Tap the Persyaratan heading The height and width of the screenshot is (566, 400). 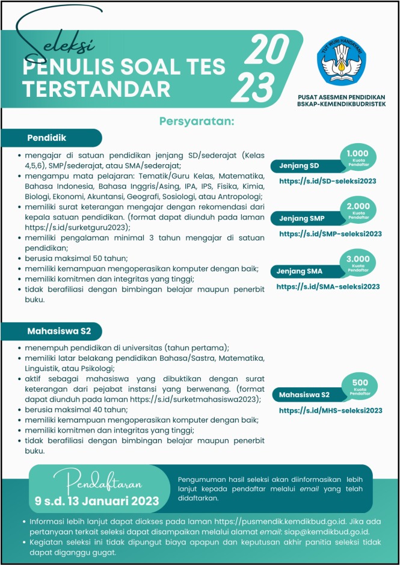coord(196,122)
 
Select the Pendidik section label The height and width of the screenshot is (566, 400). coord(47,138)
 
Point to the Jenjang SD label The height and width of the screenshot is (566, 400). coord(298,166)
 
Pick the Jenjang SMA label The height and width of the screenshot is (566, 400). coord(300,271)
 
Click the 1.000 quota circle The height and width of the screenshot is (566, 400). coord(357,156)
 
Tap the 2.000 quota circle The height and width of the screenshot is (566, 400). coord(357,209)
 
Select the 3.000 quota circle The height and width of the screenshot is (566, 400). coord(357,262)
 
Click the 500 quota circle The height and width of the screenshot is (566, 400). coord(359,386)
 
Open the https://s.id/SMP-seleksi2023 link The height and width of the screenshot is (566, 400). coord(330,234)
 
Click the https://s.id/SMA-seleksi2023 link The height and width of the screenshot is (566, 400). coord(328,287)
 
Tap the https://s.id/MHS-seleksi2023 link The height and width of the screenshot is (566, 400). coord(330,411)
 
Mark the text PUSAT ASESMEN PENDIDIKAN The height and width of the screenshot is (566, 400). coord(342,97)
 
